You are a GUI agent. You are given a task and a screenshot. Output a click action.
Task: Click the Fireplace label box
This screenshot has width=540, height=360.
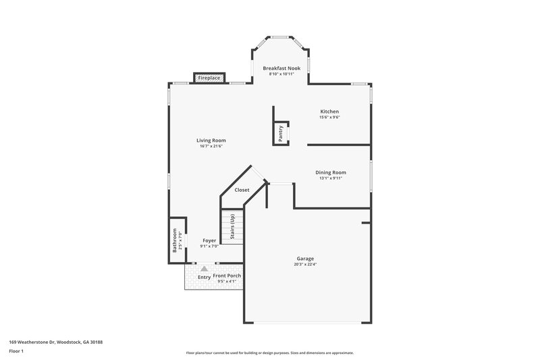click(x=209, y=78)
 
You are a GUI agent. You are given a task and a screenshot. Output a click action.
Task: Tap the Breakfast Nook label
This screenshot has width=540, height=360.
click(x=281, y=68)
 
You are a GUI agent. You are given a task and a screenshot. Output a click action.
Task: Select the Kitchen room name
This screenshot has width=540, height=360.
click(x=329, y=111)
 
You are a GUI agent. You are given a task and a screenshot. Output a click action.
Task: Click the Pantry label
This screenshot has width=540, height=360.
click(x=281, y=133)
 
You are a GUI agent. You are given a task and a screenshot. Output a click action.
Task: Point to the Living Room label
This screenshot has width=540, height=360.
click(x=211, y=140)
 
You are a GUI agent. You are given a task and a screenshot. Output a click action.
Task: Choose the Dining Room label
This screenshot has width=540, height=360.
click(x=331, y=172)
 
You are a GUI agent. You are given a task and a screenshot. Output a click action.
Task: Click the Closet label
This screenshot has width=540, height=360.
click(x=242, y=190)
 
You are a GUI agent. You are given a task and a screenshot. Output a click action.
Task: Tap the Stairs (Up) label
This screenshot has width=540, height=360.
click(x=232, y=226)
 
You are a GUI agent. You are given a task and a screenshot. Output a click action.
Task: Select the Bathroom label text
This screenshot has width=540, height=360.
click(x=175, y=240)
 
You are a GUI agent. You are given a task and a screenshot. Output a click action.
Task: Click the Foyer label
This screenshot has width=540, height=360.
click(x=209, y=240)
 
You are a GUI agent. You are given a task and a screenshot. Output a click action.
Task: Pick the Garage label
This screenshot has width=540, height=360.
click(x=305, y=259)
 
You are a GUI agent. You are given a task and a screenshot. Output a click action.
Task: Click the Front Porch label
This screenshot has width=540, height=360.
click(x=227, y=276)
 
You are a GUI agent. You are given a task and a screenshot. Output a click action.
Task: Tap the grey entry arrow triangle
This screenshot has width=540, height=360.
click(x=204, y=268)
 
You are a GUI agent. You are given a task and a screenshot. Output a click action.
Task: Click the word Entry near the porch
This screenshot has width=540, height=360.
click(x=204, y=277)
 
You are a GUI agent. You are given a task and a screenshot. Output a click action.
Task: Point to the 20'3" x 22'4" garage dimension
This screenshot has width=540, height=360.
click(x=305, y=265)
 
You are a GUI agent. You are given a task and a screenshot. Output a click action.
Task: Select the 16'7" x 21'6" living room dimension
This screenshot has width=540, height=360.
click(x=211, y=147)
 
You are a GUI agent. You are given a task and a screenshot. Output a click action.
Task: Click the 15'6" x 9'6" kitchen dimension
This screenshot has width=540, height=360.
click(x=329, y=118)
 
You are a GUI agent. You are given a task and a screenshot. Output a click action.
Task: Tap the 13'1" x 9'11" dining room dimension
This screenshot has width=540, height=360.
click(x=331, y=178)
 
